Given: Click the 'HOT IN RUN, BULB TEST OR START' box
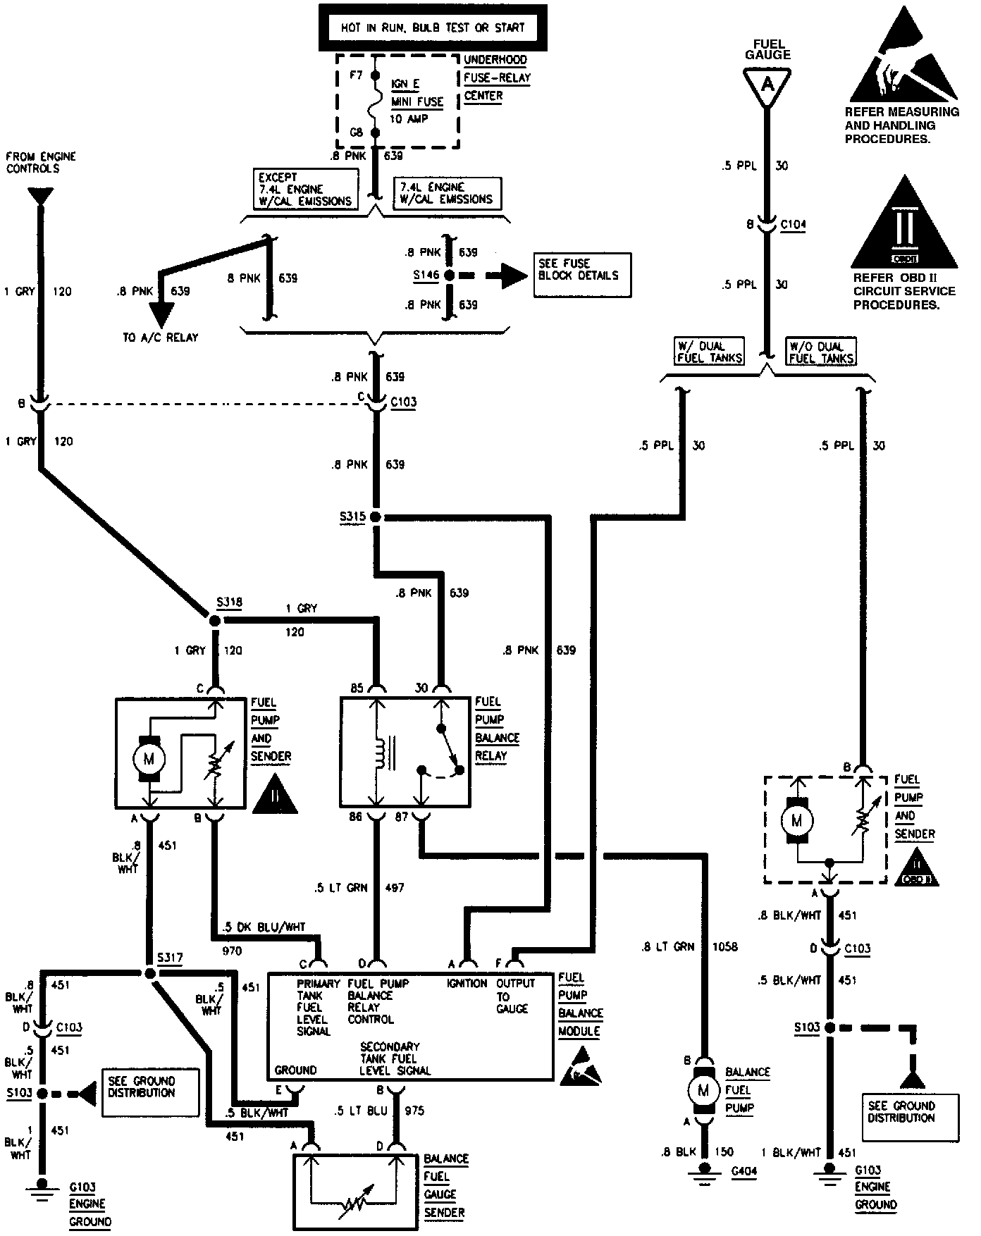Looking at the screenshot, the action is (x=433, y=27).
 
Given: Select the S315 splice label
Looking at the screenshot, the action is (x=352, y=517).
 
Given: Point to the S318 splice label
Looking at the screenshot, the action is (x=229, y=602).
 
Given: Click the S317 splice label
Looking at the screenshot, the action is (x=170, y=958).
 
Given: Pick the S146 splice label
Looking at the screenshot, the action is (x=426, y=275).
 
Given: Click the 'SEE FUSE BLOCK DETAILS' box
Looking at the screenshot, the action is (x=582, y=275).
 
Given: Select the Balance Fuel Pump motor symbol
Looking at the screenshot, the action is (x=703, y=1090).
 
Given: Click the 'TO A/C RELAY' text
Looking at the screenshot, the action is (x=161, y=338).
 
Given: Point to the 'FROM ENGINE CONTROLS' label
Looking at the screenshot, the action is (x=41, y=162).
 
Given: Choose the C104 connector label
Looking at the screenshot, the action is (x=794, y=225).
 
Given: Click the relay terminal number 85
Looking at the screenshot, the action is (x=357, y=687).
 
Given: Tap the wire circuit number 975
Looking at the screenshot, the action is (x=414, y=1111).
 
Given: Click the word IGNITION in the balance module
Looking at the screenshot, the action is (x=467, y=983).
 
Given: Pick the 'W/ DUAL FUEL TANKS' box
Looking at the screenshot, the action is (x=710, y=352).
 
